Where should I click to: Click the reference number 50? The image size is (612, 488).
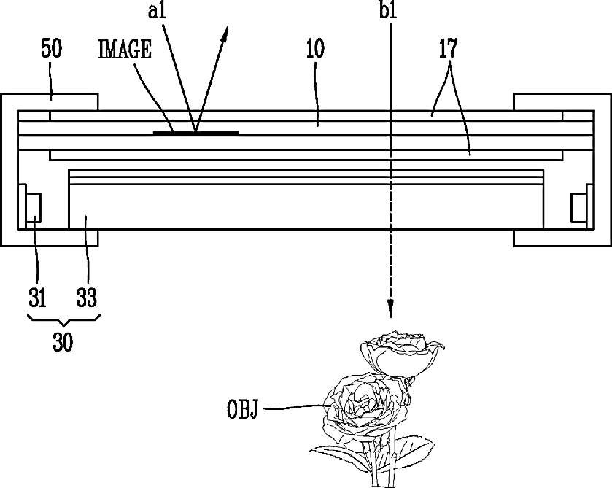click(x=52, y=48)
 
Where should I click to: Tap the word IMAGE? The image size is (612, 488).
click(x=125, y=49)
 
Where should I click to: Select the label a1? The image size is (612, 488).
click(x=158, y=10)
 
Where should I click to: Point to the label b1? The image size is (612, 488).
click(x=388, y=9)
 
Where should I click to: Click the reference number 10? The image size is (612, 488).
click(x=315, y=48)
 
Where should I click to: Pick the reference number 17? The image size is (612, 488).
click(x=448, y=48)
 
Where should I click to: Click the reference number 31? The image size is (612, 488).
click(x=37, y=297)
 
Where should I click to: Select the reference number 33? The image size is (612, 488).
click(x=86, y=297)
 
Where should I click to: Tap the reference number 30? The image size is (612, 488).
click(x=63, y=342)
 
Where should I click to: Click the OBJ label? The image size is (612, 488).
click(x=242, y=409)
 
